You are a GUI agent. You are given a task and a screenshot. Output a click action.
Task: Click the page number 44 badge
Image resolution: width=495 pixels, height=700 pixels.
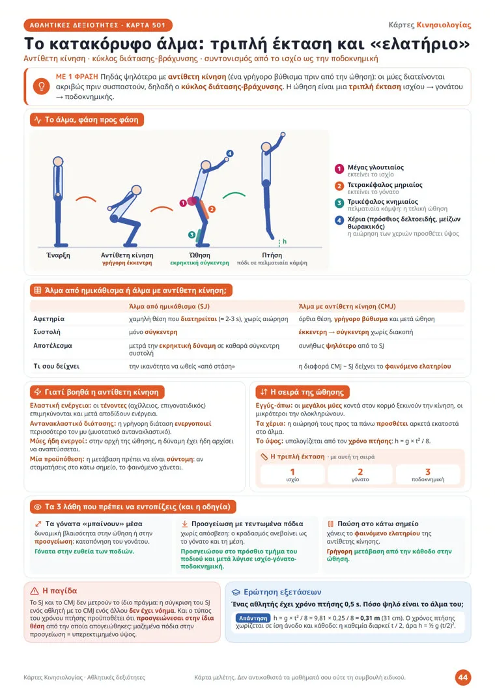coord(463,677)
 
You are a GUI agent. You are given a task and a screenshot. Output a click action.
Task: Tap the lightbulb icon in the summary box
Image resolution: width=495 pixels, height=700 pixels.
coord(42,86)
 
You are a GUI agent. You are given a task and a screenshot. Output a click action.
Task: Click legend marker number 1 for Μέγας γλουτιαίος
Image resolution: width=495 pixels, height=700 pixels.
coord(339,169)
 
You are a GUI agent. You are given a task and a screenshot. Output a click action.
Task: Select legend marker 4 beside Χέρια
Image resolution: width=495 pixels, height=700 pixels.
coord(339,220)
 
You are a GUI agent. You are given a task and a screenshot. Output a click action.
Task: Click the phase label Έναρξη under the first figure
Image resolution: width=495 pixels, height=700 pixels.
coord(59,255)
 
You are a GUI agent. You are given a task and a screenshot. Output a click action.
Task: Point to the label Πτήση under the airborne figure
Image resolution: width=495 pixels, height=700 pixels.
coord(272,255)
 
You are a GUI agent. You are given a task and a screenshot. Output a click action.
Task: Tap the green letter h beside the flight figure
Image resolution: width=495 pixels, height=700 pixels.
coord(285,242)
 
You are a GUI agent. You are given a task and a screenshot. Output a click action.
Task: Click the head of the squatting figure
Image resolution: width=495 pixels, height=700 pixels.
coord(136,190)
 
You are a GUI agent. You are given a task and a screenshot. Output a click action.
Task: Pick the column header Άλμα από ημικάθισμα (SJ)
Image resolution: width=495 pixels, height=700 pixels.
coord(169,306)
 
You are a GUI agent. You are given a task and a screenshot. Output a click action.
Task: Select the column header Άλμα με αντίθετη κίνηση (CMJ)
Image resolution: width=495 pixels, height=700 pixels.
coord(346,306)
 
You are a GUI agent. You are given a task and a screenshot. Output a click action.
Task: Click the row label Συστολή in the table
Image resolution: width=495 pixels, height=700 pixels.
coord(47,332)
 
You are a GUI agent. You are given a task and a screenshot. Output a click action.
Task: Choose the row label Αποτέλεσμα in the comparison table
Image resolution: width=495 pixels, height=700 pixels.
coord(53,346)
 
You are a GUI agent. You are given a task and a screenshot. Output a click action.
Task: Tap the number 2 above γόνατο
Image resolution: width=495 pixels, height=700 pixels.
coord(360,472)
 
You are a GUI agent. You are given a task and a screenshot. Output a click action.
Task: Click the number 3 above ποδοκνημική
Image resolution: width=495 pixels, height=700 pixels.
coord(428,472)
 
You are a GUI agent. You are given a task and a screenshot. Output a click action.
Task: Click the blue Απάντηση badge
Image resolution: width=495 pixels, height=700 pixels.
coord(253,619)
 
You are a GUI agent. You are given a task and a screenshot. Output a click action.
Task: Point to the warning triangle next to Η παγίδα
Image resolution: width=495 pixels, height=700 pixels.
coord(35,591)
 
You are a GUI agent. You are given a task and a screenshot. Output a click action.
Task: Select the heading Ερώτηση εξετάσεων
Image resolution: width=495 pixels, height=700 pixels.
coord(282,592)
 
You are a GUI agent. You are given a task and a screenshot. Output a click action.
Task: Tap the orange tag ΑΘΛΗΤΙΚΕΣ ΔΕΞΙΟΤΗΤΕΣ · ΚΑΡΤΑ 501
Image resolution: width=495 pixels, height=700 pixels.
coord(98,25)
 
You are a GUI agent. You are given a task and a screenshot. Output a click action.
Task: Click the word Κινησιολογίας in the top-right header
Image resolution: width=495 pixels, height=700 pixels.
coord(444,25)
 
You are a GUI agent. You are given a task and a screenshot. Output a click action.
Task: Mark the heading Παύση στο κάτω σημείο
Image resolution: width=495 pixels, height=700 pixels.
coord(378,524)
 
